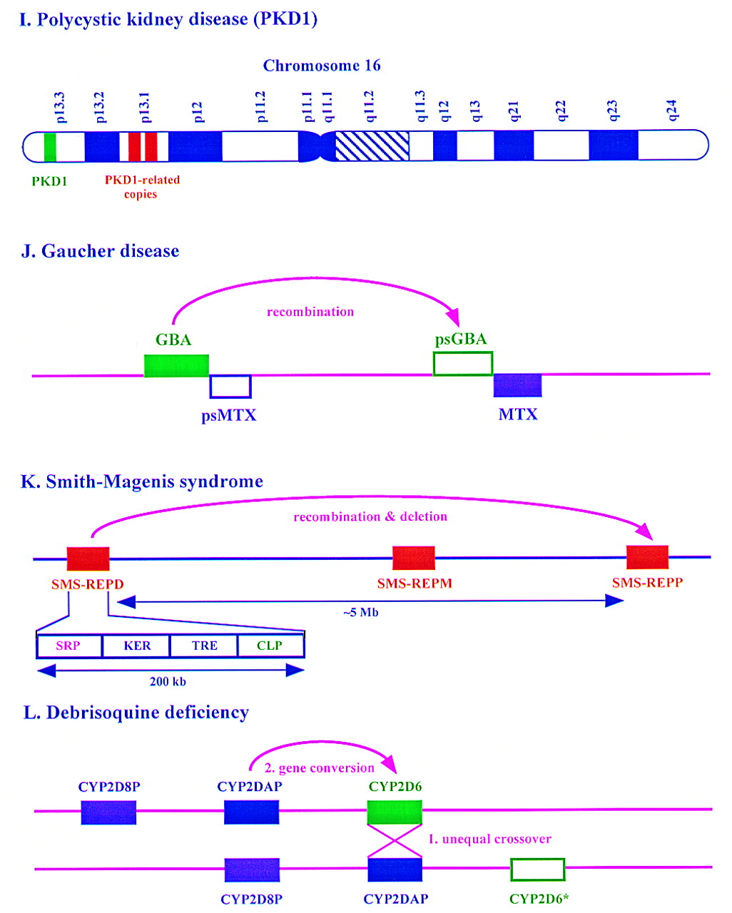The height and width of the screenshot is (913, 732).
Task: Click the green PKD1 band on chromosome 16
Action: pyautogui.click(x=50, y=146)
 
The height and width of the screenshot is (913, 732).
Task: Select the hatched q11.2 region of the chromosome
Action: pyautogui.click(x=372, y=146)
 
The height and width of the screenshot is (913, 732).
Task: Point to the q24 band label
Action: pyautogui.click(x=671, y=111)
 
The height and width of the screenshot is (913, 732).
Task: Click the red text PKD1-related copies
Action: pyautogui.click(x=142, y=187)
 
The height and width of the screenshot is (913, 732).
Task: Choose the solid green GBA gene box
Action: pyautogui.click(x=176, y=366)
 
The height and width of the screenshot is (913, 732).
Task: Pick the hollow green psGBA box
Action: pyautogui.click(x=463, y=363)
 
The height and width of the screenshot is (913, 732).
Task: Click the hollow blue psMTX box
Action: pyautogui.click(x=230, y=387)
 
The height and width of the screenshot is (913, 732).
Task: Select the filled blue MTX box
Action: pyautogui.click(x=518, y=385)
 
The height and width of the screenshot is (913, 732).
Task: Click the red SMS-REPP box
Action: pyautogui.click(x=647, y=557)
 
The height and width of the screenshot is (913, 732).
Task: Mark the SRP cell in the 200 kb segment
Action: pyautogui.click(x=68, y=646)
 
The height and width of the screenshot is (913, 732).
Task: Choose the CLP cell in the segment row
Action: pyautogui.click(x=270, y=646)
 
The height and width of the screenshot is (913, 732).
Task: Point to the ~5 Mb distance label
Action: pyautogui.click(x=360, y=613)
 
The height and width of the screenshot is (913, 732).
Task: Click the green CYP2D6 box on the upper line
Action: pyautogui.click(x=395, y=812)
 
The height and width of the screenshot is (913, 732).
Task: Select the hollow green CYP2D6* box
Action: pyautogui.click(x=538, y=870)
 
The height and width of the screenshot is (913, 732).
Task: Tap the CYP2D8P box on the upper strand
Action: pyautogui.click(x=108, y=812)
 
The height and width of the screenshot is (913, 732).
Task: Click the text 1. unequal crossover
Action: pyautogui.click(x=489, y=840)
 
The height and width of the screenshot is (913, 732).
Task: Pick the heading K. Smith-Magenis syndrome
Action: pyautogui.click(x=142, y=482)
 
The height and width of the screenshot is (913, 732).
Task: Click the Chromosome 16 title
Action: pyautogui.click(x=322, y=66)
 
